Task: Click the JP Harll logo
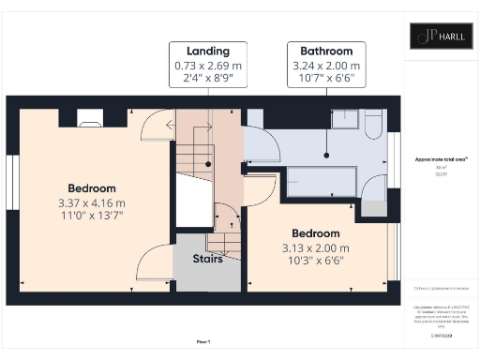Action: pos(441,36)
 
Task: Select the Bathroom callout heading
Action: pos(326,51)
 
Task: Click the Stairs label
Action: pos(208,259)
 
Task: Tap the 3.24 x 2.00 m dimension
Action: pos(326,66)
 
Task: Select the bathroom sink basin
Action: pos(346,118)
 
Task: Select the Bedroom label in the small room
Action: pos(316,232)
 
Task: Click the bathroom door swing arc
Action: pos(264,145)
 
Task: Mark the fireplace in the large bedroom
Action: pos(90,118)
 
